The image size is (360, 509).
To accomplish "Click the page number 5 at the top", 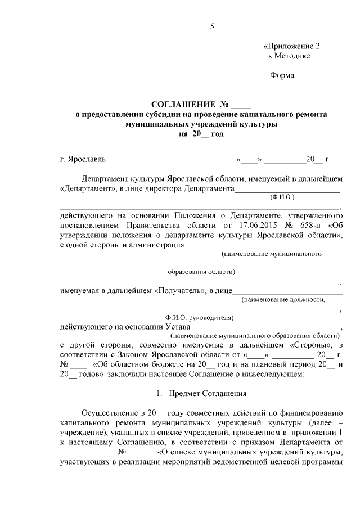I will click(x=212, y=26).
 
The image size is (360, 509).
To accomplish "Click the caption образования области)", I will click(x=202, y=272).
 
